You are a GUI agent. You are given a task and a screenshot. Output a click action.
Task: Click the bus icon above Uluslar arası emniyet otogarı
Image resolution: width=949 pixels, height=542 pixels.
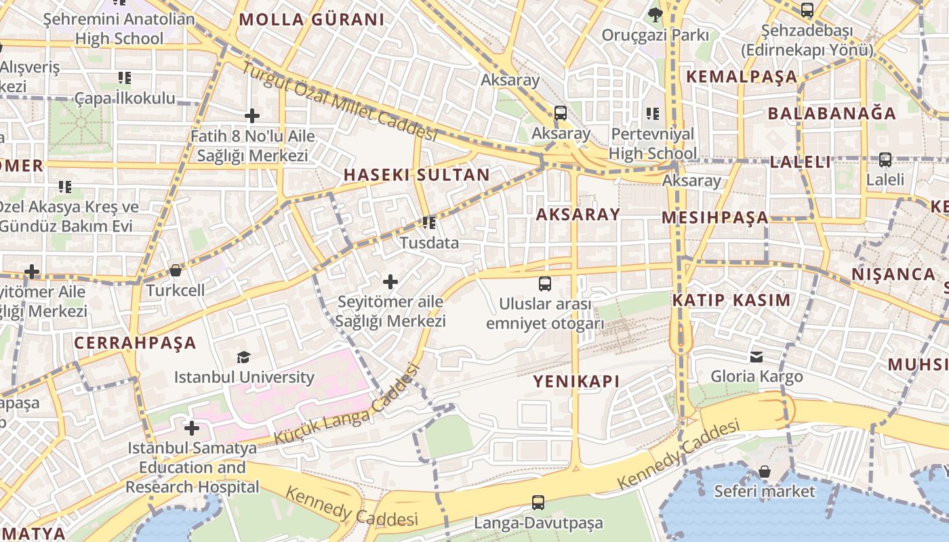545,283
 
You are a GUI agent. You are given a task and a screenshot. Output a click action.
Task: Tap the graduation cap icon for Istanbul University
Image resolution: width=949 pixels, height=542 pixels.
243,357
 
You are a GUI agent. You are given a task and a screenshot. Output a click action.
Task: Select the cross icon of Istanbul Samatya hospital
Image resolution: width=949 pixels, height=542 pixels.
192,428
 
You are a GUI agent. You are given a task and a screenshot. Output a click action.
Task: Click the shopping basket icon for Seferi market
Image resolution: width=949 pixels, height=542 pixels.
765,471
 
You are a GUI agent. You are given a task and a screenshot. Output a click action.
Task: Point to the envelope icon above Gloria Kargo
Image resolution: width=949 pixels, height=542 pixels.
756,356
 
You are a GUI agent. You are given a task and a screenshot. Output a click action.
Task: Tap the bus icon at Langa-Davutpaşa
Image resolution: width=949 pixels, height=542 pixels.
538,503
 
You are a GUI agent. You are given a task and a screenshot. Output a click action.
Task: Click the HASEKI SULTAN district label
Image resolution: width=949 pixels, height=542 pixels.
416,175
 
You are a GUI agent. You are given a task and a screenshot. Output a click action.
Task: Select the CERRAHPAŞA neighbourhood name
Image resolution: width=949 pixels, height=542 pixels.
135,343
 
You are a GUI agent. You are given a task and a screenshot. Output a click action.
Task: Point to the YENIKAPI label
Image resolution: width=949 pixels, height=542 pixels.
576,381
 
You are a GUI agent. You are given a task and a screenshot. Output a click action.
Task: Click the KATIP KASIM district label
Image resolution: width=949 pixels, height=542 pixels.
731,300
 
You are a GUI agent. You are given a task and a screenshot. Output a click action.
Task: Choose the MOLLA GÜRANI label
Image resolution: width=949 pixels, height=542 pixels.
312,20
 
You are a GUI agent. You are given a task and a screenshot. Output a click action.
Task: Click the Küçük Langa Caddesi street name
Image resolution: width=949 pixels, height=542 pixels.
346,406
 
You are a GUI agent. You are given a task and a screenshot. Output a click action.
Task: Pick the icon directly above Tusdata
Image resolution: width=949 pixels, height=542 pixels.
428,222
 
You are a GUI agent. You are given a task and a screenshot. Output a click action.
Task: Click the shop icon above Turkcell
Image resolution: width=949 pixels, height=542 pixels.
176,271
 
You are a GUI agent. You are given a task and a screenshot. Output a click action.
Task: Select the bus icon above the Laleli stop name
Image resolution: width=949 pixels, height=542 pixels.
885,160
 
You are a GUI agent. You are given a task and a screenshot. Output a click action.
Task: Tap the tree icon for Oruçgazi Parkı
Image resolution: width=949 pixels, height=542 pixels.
655,14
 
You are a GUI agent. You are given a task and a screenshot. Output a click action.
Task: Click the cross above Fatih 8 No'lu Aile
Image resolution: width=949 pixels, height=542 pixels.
252,116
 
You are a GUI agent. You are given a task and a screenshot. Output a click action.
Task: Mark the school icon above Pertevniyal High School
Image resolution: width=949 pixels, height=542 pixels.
652,114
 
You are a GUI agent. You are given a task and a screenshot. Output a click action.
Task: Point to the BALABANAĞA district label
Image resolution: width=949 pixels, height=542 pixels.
832,113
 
